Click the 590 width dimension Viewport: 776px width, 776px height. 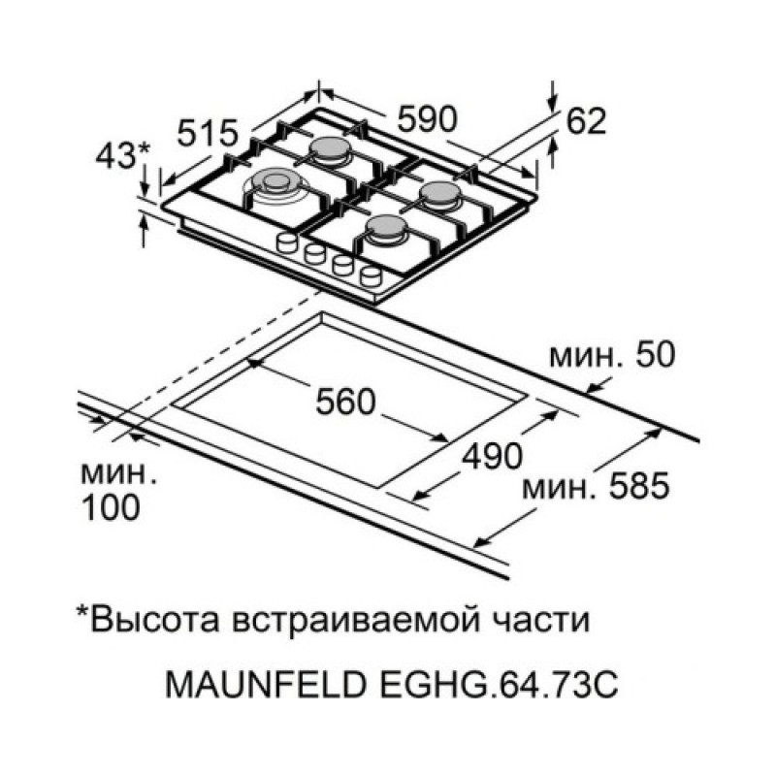428,119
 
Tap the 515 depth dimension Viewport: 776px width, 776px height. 208,133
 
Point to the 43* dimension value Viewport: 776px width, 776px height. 122,155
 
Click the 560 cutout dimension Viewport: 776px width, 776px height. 346,402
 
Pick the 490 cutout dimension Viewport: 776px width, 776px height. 492,456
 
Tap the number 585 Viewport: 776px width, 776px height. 639,485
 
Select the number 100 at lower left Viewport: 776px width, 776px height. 111,507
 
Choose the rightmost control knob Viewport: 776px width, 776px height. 372,276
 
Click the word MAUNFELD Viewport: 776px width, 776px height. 267,685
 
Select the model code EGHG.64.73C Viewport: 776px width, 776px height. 499,685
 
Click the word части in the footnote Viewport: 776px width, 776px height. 541,621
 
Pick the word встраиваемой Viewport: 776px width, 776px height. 356,621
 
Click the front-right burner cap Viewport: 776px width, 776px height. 384,228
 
